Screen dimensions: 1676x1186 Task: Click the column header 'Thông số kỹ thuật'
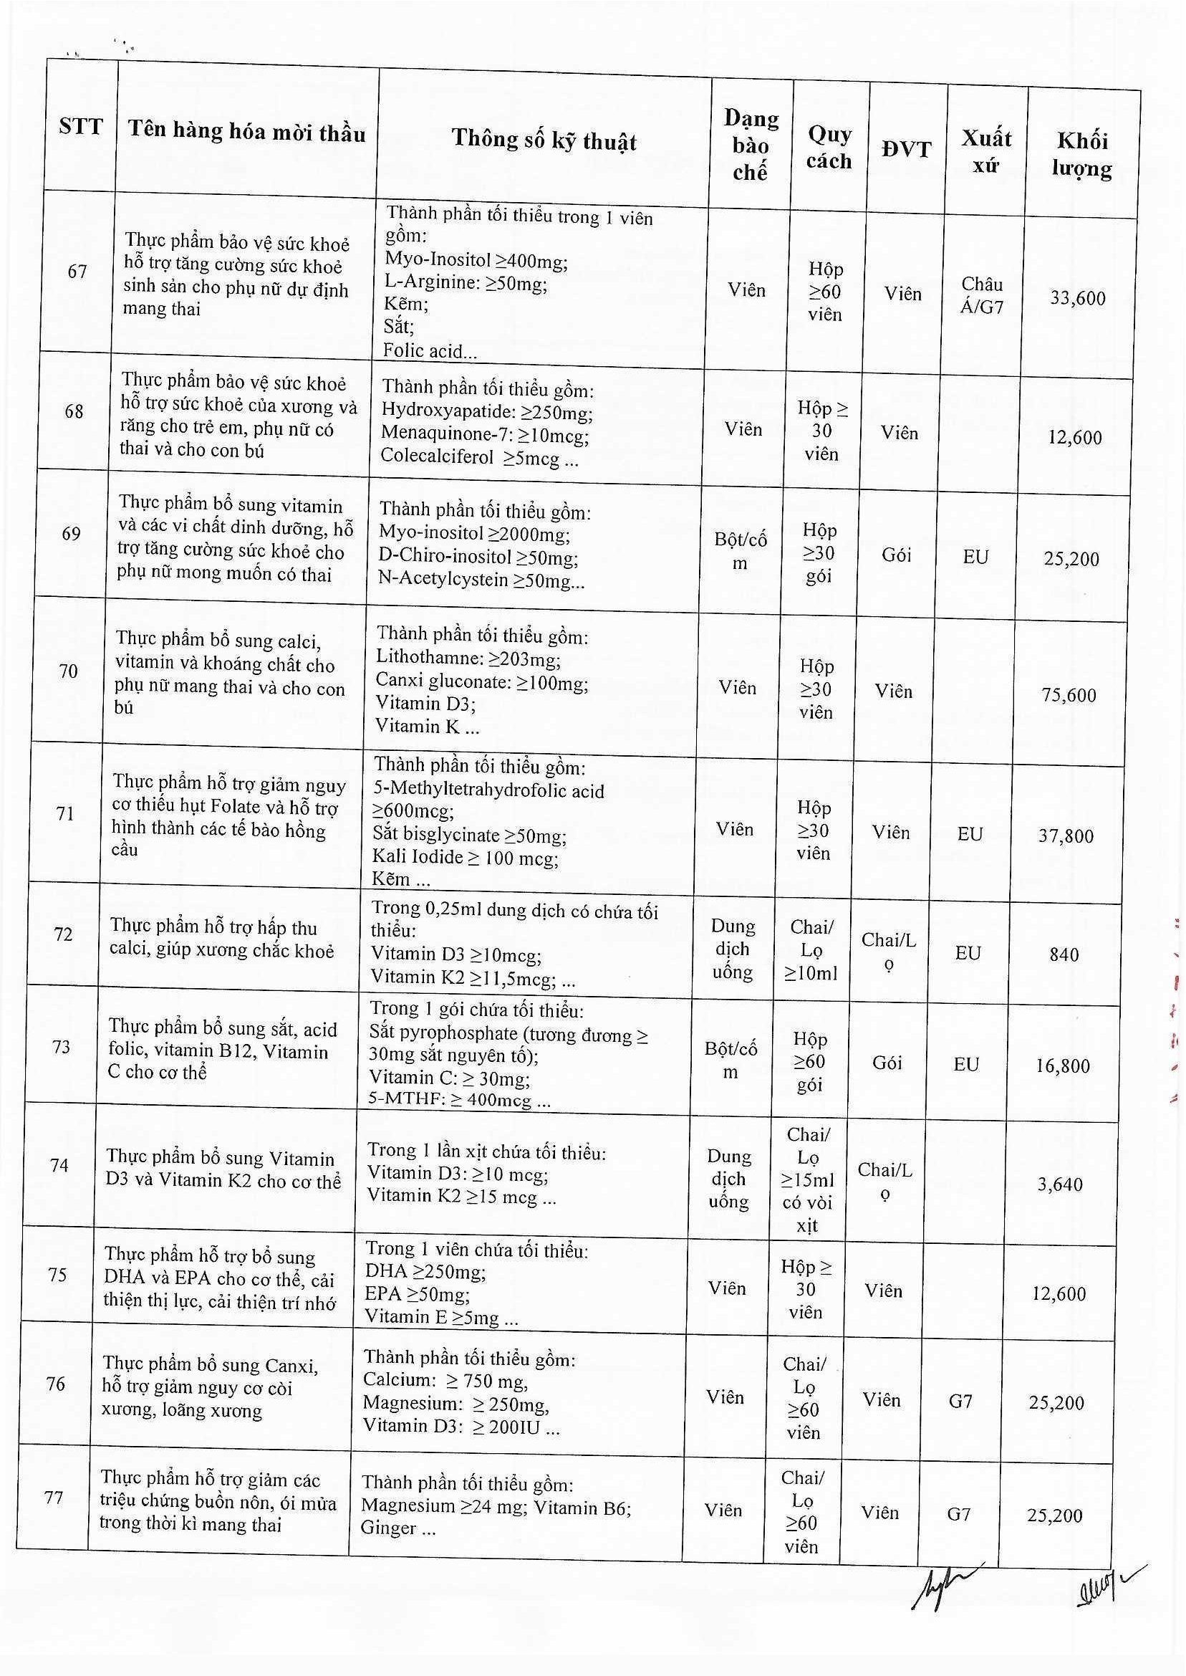(x=544, y=140)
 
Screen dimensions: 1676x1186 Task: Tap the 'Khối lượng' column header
(x=1081, y=155)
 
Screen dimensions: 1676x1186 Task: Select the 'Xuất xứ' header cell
(x=986, y=151)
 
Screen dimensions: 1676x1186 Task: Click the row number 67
(x=77, y=272)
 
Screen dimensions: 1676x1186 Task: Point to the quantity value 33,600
(x=1078, y=298)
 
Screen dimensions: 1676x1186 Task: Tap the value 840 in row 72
(x=1064, y=954)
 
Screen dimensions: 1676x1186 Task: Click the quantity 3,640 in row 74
(x=1060, y=1184)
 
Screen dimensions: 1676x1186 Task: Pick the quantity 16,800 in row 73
(x=1063, y=1066)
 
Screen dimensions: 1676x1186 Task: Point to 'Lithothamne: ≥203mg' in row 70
(x=468, y=659)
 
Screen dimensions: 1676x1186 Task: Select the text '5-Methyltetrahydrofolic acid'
(x=488, y=790)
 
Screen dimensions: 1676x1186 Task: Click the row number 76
(x=55, y=1384)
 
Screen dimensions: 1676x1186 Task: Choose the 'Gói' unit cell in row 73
(x=887, y=1063)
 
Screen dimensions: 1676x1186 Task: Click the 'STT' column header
(x=81, y=127)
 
